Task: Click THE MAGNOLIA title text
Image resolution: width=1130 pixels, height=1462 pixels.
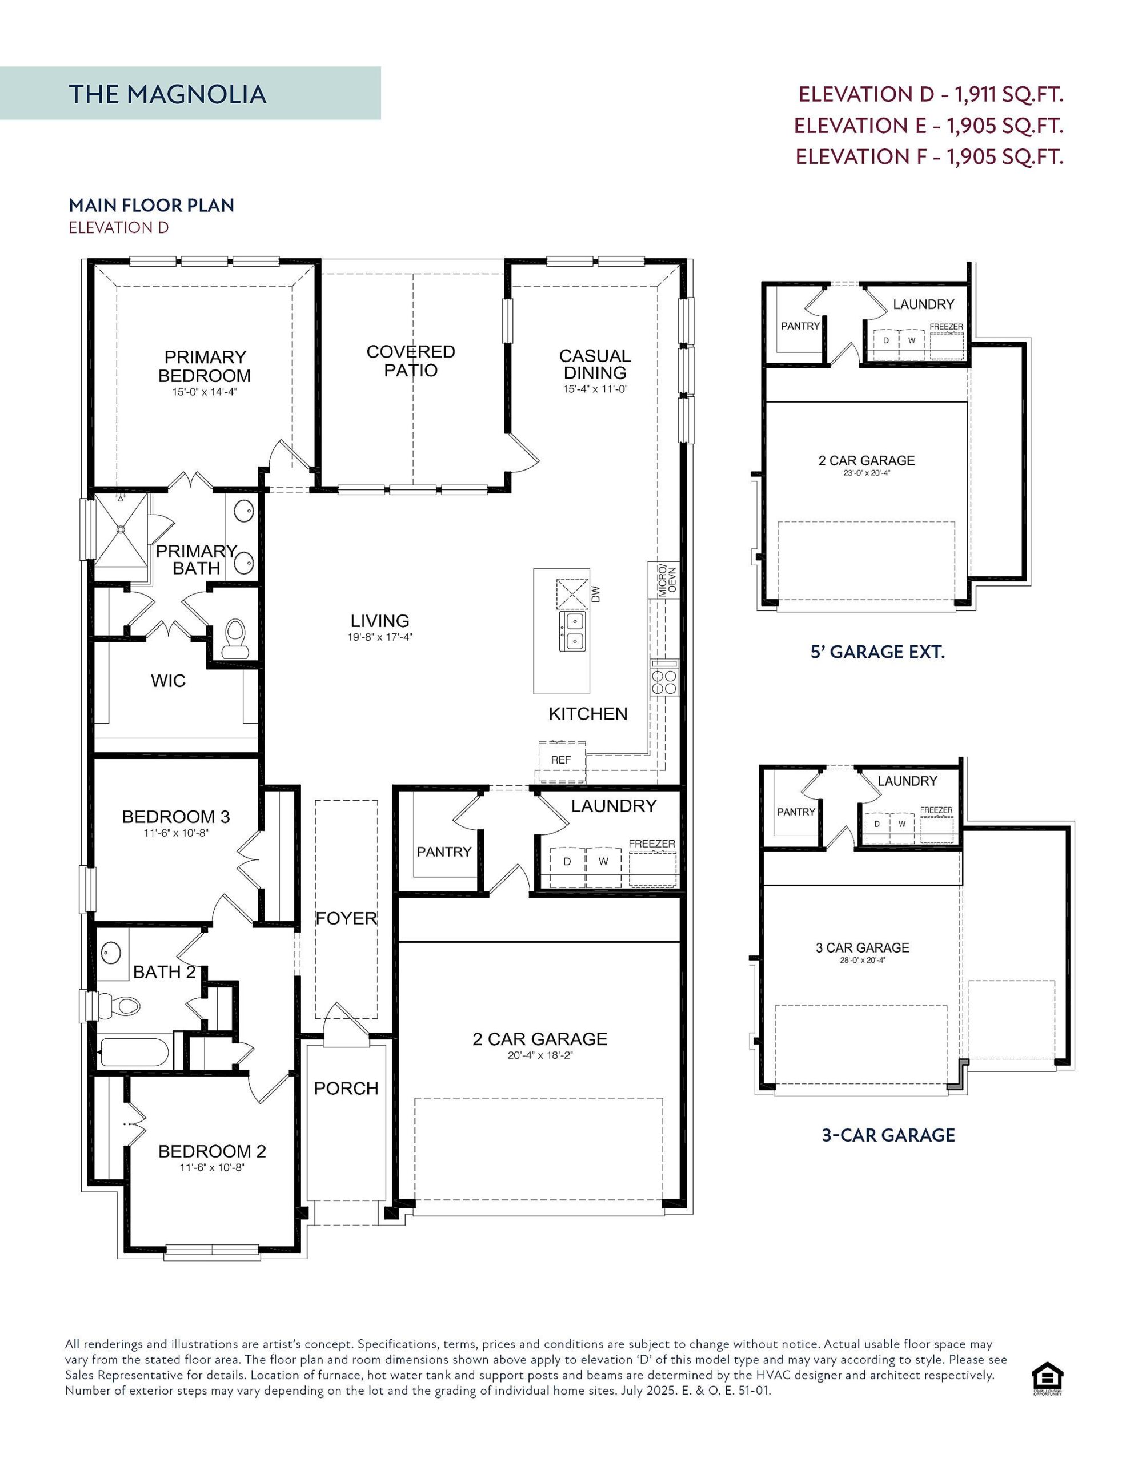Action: pos(167,94)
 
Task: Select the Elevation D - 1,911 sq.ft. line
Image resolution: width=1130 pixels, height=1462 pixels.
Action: pos(931,94)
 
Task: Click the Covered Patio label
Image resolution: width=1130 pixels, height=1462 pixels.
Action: pos(411,361)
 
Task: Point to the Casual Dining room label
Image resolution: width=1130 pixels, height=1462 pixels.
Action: pos(595,364)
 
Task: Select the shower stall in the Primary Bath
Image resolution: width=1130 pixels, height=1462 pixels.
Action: pos(121,529)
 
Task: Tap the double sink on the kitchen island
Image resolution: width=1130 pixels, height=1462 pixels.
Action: pos(571,631)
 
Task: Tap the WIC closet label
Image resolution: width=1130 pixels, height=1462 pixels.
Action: pos(168,681)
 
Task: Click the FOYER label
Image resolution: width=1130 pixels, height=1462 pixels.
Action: pos(346,918)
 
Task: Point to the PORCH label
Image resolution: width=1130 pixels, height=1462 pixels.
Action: pos(346,1089)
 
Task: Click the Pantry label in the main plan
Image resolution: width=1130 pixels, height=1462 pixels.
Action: pos(444,852)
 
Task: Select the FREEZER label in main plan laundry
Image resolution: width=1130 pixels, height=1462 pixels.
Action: pos(652,844)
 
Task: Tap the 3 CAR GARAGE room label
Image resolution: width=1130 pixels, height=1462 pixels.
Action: pos(862,948)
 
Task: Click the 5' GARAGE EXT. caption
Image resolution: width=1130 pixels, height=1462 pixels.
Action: pos(877,652)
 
